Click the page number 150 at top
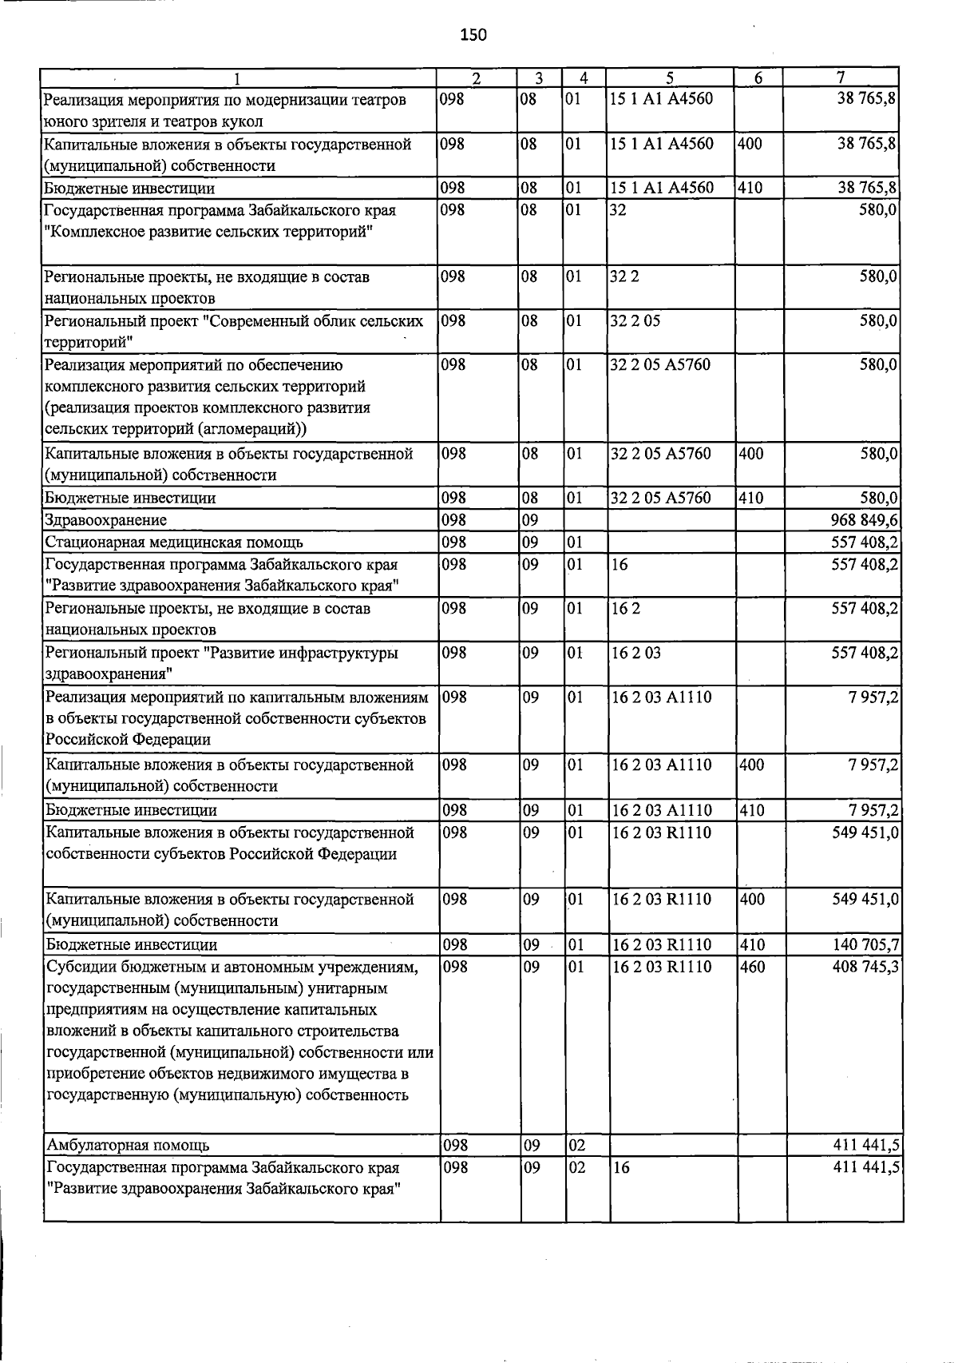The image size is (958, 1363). [x=473, y=35]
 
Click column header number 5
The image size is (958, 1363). [x=670, y=78]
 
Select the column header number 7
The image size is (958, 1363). [x=841, y=77]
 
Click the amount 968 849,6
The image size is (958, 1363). [x=865, y=521]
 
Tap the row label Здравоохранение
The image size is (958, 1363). [x=105, y=521]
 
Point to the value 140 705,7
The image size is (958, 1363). [x=865, y=945]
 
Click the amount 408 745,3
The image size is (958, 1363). [x=865, y=967]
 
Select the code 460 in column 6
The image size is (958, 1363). [x=752, y=967]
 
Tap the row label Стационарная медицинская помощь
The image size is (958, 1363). [x=174, y=543]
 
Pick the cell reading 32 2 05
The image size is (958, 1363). [x=635, y=321]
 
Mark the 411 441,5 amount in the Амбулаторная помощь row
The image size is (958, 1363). [x=865, y=1146]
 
